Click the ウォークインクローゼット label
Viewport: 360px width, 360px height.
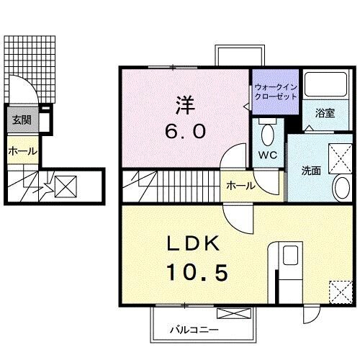click(x=274, y=91)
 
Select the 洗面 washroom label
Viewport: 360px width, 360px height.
click(x=311, y=171)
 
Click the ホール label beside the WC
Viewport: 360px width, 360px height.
click(x=240, y=186)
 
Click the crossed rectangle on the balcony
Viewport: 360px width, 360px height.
click(x=234, y=313)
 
